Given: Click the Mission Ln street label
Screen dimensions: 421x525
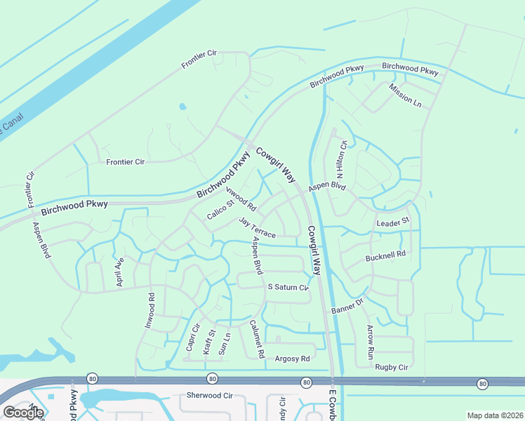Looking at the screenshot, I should coord(405,95).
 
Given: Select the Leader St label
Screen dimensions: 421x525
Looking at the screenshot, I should coord(392,222).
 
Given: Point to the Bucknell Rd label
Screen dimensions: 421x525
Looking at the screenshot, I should coord(385,257).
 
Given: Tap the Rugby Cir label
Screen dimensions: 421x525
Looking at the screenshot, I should coord(391,367).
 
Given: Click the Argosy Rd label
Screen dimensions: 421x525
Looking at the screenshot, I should coord(292,359).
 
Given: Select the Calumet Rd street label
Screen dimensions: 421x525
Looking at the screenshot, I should coord(256,340).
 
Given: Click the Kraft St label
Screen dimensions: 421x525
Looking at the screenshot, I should coord(208,342).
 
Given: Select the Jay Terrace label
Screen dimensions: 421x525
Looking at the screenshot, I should coord(257,227).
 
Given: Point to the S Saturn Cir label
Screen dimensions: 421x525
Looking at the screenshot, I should coord(288,288).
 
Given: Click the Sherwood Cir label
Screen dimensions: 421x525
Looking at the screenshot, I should coord(208,396).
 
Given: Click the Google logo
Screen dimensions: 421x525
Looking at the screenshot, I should coord(22,413).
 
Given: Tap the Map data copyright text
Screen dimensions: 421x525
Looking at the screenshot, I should coord(494,415).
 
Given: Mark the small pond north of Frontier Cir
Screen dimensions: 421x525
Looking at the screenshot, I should coord(182,107).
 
